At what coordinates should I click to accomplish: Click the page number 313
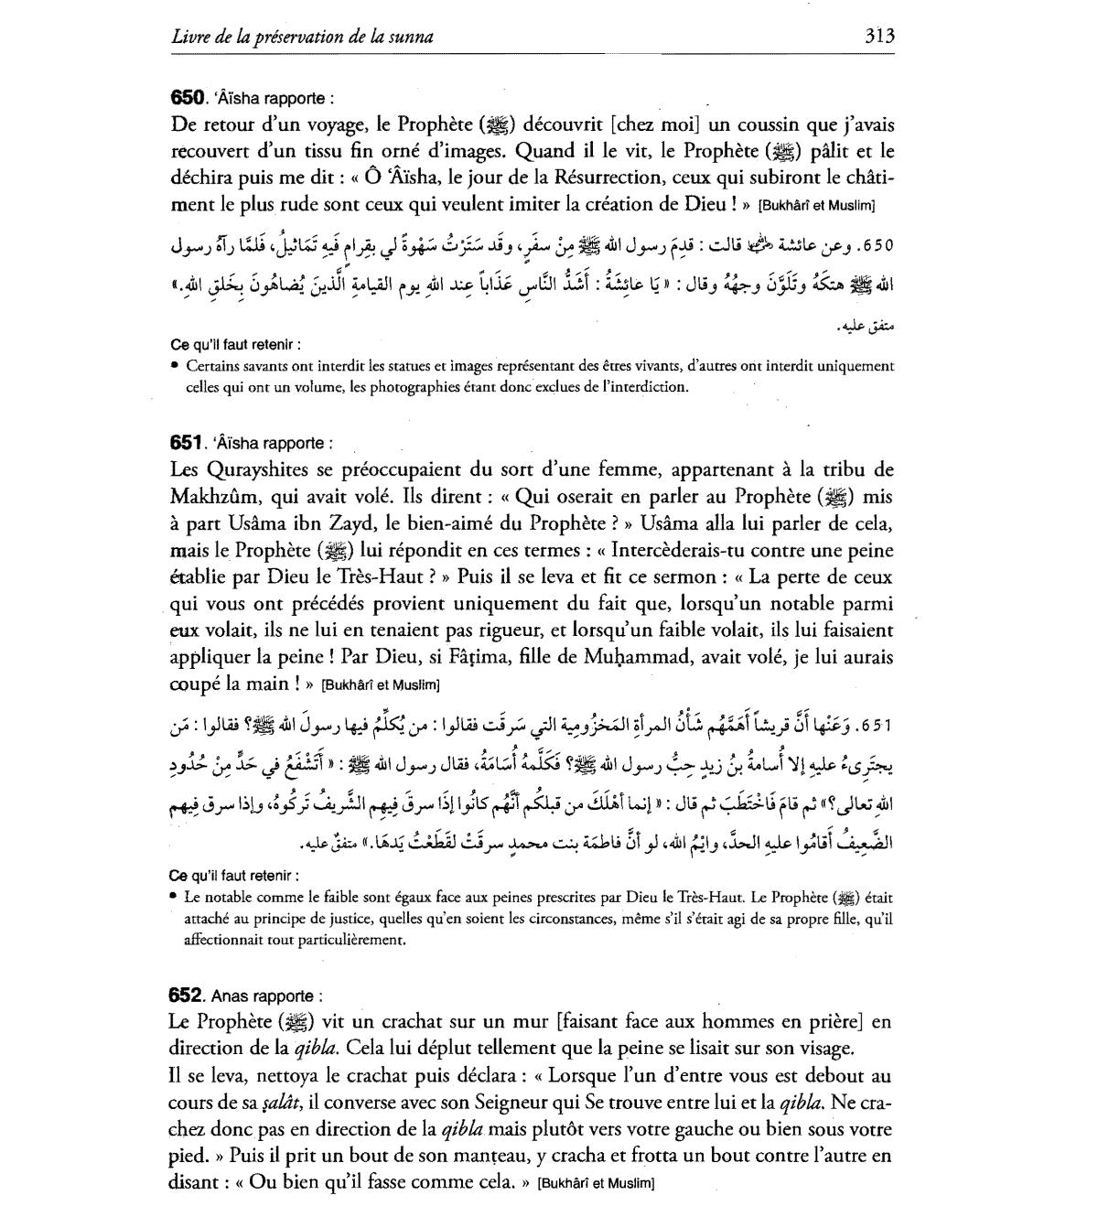(x=878, y=37)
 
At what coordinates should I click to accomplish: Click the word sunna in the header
(x=410, y=38)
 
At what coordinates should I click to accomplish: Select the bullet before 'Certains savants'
(x=175, y=366)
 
